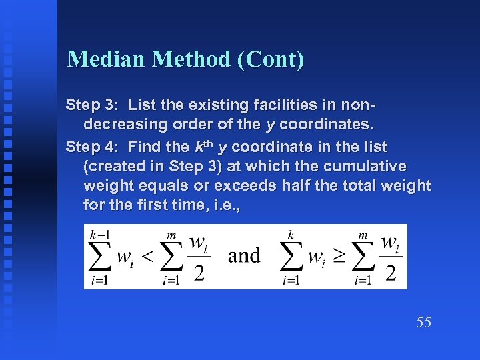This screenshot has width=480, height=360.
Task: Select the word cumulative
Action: pyautogui.click(x=370, y=165)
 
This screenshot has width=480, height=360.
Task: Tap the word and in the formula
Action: pyautogui.click(x=244, y=255)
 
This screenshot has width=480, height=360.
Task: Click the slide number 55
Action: pyautogui.click(x=424, y=323)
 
